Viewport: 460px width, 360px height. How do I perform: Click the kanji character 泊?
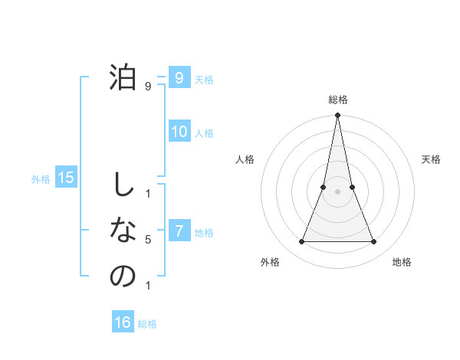123,77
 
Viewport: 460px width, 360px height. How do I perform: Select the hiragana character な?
123,230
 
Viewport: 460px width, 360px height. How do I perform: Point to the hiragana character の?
123,276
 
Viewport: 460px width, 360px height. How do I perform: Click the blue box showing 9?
179,78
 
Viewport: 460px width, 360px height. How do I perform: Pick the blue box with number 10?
179,132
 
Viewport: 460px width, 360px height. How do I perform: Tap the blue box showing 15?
66,178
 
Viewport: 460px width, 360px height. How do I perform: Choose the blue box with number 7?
179,231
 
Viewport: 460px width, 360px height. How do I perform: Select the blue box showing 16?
123,322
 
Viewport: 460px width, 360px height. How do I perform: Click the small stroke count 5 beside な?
148,240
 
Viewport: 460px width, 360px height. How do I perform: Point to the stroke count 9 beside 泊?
148,87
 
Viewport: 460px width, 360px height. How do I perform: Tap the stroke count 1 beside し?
148,193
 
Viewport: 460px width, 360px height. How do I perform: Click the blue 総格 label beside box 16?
147,324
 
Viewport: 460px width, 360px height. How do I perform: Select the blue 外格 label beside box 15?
41,180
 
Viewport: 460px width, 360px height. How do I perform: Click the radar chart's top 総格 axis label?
338,100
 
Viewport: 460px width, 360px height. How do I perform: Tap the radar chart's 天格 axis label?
432,159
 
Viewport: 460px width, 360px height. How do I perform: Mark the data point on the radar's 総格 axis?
337,116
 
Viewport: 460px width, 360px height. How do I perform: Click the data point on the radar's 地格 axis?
374,242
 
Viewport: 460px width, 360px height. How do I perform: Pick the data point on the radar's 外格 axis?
301,242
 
